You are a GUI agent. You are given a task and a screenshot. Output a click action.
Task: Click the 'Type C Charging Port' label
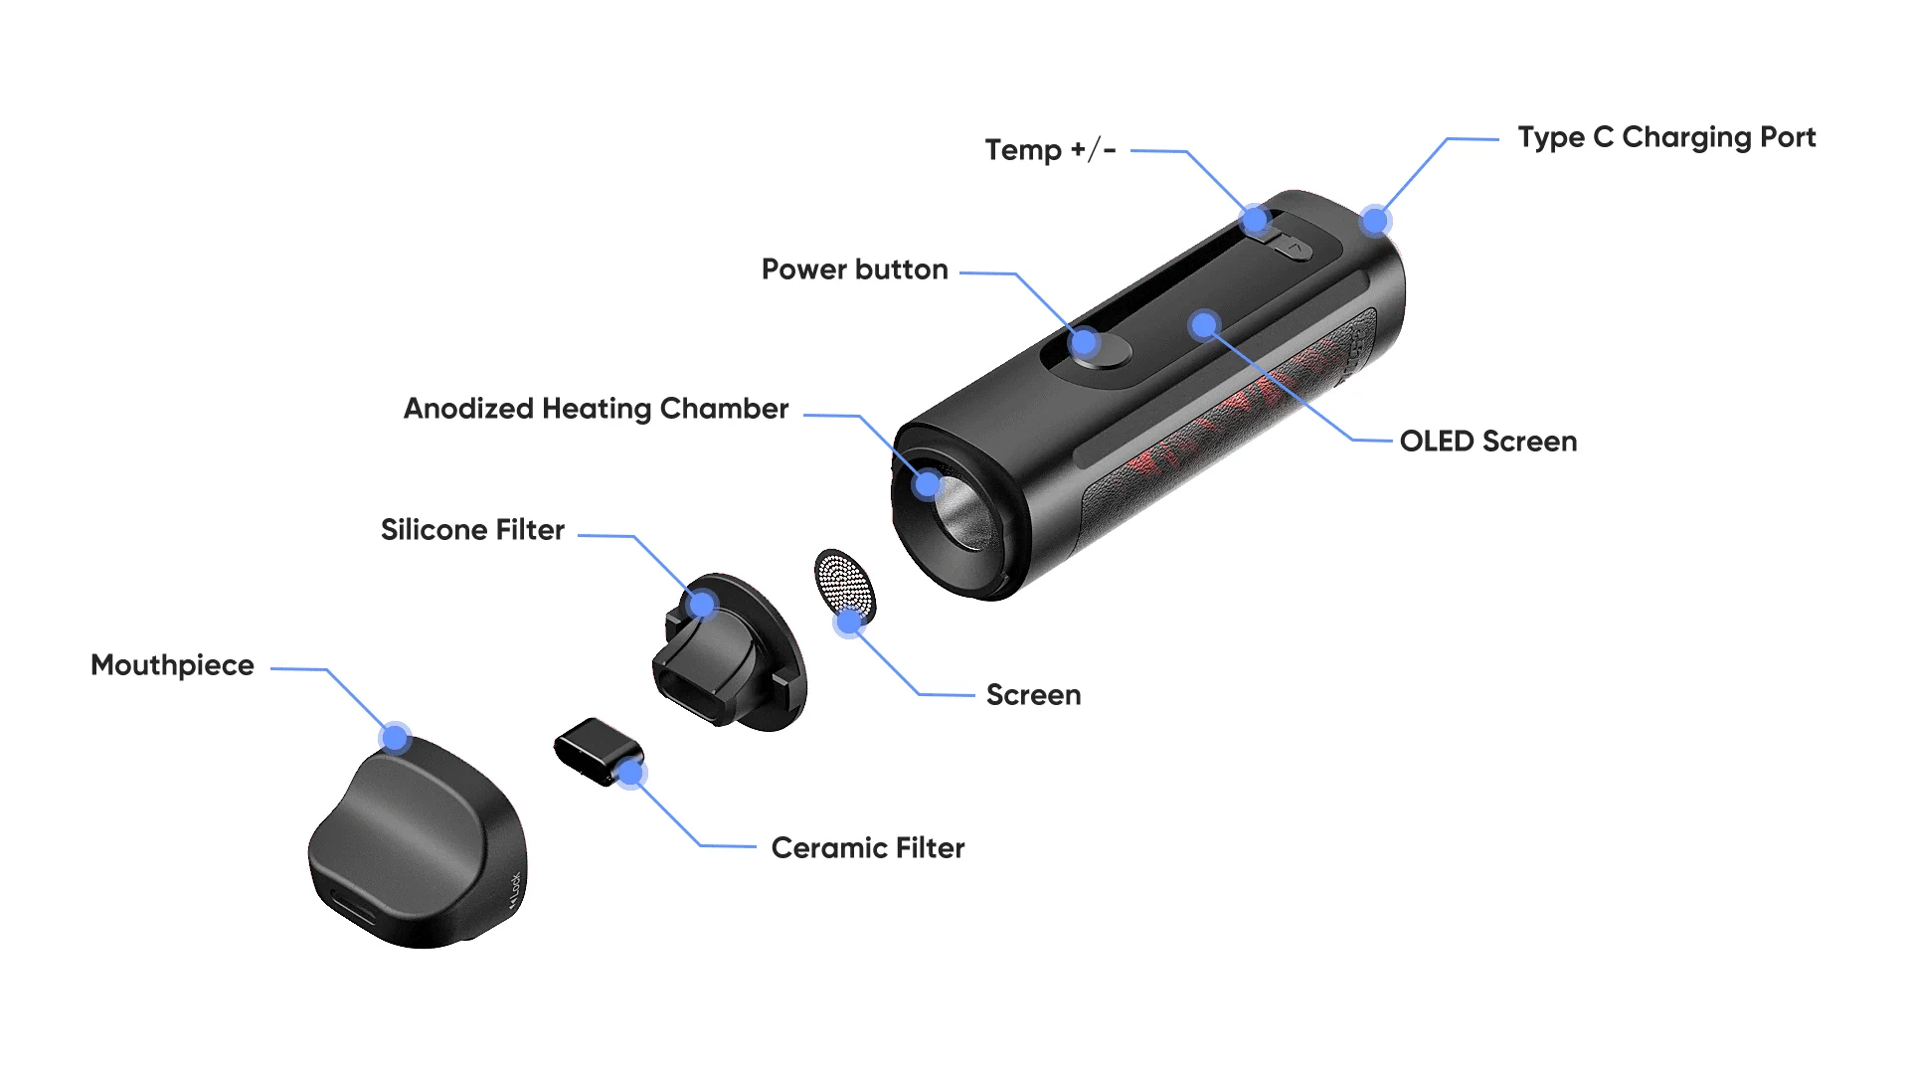(x=1666, y=137)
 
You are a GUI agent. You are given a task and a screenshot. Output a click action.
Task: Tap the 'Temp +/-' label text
(x=1050, y=150)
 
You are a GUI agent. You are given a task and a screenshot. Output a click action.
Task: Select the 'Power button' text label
(x=854, y=269)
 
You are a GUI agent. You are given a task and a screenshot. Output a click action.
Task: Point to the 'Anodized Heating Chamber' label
(x=596, y=409)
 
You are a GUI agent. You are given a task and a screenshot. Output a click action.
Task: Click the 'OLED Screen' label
(x=1487, y=442)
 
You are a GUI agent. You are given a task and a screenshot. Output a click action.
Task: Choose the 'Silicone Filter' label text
(x=472, y=530)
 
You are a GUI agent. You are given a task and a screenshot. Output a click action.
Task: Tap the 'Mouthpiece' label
(x=172, y=665)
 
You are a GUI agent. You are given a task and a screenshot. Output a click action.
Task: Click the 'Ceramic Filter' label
(x=867, y=848)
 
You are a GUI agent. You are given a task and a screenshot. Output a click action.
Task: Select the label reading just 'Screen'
(x=1033, y=695)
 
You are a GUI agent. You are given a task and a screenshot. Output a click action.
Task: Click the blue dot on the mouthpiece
(x=396, y=738)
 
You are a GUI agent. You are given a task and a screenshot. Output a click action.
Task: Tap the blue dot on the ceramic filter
(x=630, y=773)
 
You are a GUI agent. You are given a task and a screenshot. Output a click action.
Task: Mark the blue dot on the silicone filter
(x=703, y=604)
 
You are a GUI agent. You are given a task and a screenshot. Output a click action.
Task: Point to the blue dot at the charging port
(x=1375, y=221)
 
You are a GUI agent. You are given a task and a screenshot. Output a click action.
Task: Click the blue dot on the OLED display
(x=1204, y=324)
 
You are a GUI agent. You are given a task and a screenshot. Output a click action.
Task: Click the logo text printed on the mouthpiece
(x=514, y=890)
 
